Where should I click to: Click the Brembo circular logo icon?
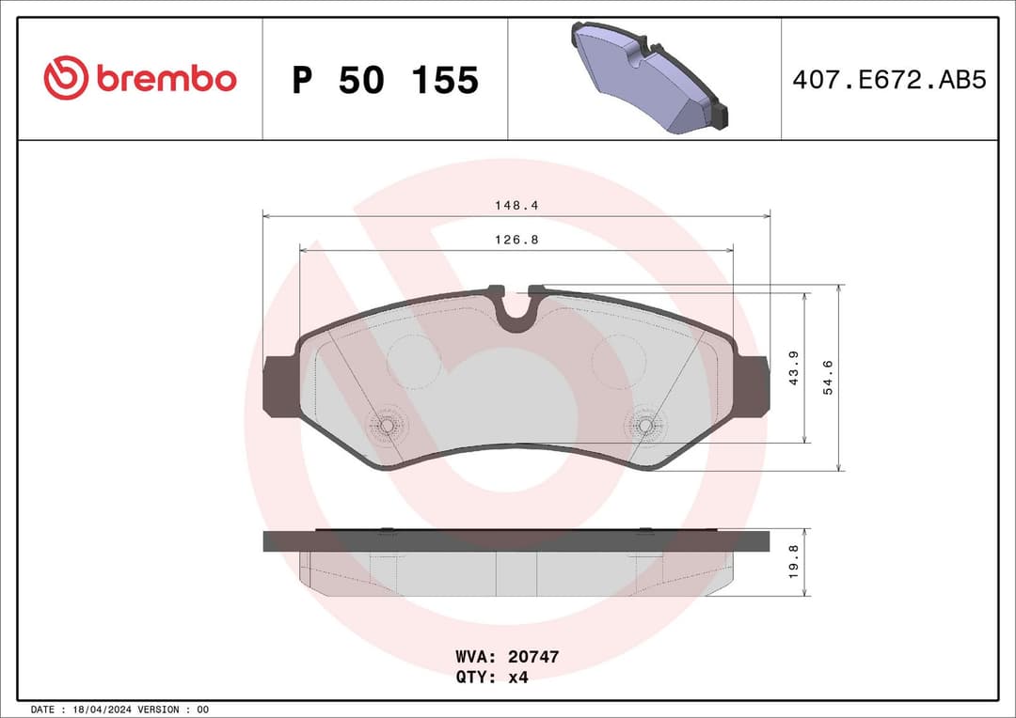tap(65, 78)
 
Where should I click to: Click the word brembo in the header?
tap(166, 79)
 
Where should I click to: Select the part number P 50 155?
tap(385, 81)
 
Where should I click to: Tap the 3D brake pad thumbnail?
tap(646, 78)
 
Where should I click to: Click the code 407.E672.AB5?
tap(888, 80)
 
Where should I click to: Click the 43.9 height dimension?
tap(793, 367)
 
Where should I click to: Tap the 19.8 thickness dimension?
tap(792, 563)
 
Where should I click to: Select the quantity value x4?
tap(517, 678)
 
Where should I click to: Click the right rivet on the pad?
tap(644, 425)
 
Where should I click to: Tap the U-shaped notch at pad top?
tap(516, 307)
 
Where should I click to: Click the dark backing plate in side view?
tap(516, 540)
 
